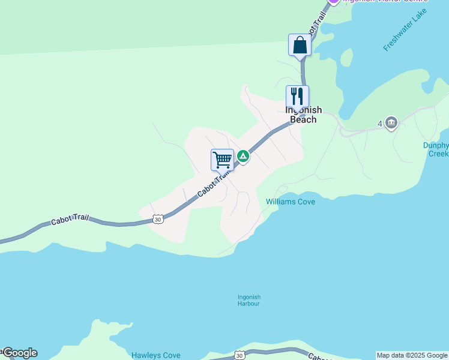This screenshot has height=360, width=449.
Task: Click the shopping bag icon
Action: (300, 45)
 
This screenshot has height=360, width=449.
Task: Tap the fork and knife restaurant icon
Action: (297, 96)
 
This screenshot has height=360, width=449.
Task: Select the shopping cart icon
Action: (222, 160)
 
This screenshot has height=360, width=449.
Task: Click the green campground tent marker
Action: (243, 157)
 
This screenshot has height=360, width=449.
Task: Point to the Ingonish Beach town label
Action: (303, 115)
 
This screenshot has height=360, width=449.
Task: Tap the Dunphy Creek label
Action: (435, 149)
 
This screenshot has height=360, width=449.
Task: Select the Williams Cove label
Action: (291, 202)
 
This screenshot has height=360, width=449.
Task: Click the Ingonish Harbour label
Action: (249, 300)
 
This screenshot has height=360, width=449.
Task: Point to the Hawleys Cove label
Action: (155, 355)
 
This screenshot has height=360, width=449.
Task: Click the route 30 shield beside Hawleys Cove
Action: (240, 356)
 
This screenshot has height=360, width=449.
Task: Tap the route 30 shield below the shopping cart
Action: (157, 220)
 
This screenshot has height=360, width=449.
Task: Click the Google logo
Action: (20, 353)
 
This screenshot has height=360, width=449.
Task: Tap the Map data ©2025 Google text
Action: (412, 355)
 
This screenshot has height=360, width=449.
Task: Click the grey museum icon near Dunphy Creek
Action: (391, 124)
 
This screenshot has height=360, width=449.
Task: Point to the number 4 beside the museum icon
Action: (380, 124)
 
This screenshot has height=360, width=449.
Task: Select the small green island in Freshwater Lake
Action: (346, 58)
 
